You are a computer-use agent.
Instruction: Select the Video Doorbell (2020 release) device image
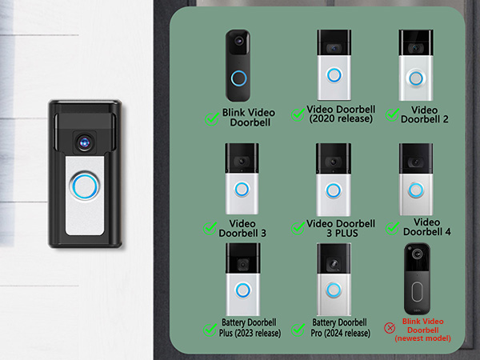coord(334,65)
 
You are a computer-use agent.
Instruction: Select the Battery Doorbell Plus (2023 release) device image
coord(242,279)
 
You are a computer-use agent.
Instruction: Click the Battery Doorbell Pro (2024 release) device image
coord(333,279)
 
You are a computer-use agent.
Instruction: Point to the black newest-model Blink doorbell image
coord(417,280)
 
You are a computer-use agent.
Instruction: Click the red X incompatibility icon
coord(390,327)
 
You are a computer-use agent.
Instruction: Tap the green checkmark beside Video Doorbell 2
coord(392,114)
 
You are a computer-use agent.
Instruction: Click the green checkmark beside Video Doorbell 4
coord(392,227)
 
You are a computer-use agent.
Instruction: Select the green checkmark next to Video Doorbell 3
coord(211,228)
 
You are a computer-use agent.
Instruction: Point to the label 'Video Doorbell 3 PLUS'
coord(341,228)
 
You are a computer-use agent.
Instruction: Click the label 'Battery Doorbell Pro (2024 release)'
coord(342,328)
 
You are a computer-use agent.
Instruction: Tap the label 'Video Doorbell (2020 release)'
coord(341,114)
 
